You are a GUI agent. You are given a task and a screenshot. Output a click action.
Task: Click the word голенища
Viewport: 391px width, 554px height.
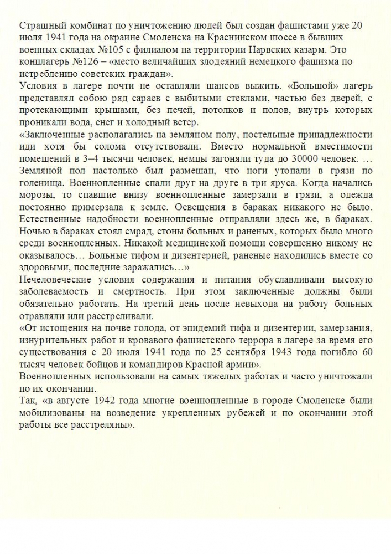(39, 183)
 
